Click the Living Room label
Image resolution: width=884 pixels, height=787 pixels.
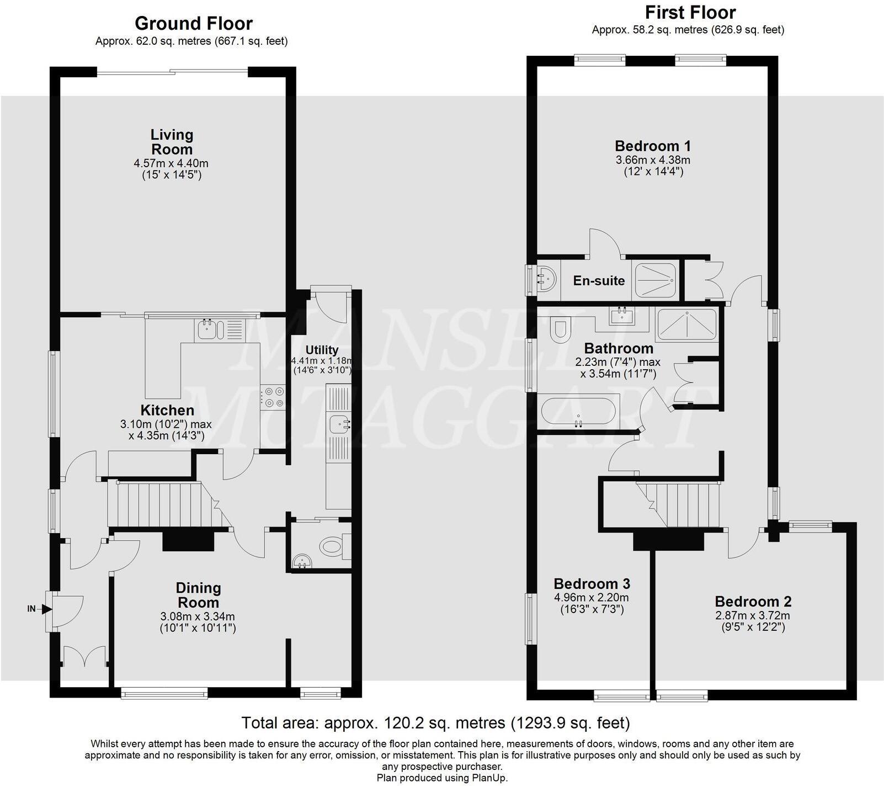[x=172, y=142]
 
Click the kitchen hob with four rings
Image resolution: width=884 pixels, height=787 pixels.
[x=273, y=396]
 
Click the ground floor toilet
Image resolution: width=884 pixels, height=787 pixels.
[x=332, y=547]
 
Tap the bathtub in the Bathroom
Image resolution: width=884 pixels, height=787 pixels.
[x=578, y=412]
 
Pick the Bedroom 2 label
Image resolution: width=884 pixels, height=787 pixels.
[x=753, y=602]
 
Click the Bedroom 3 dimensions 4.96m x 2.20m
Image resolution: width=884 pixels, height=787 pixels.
[x=591, y=597]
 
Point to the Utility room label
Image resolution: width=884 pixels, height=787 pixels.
[x=322, y=350]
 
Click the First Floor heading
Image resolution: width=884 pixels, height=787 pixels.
[x=690, y=12]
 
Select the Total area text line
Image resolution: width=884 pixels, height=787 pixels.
[x=435, y=722]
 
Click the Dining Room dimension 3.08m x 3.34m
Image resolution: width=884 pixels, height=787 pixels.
[x=198, y=616]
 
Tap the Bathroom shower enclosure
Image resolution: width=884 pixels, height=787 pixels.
[x=686, y=325]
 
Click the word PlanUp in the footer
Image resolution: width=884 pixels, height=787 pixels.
[x=490, y=778]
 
